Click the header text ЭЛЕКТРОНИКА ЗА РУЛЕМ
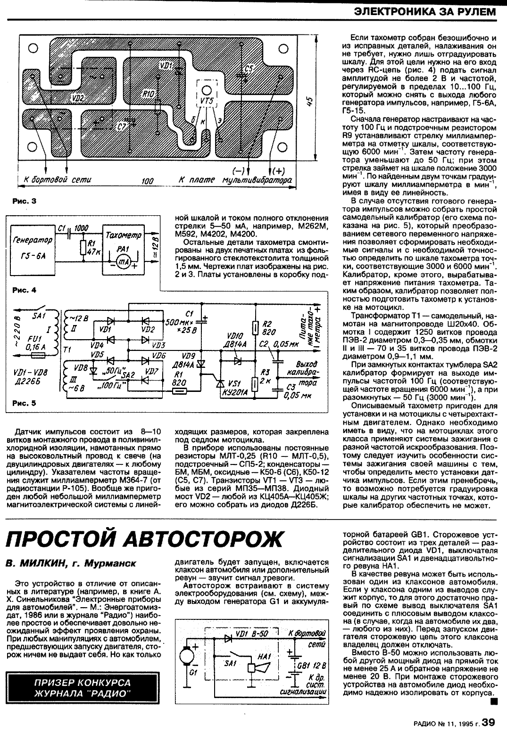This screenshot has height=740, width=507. click(x=425, y=11)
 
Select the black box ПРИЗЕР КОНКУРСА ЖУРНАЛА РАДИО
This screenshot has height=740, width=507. click(x=83, y=688)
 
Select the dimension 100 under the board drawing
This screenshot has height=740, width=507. click(x=148, y=181)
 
